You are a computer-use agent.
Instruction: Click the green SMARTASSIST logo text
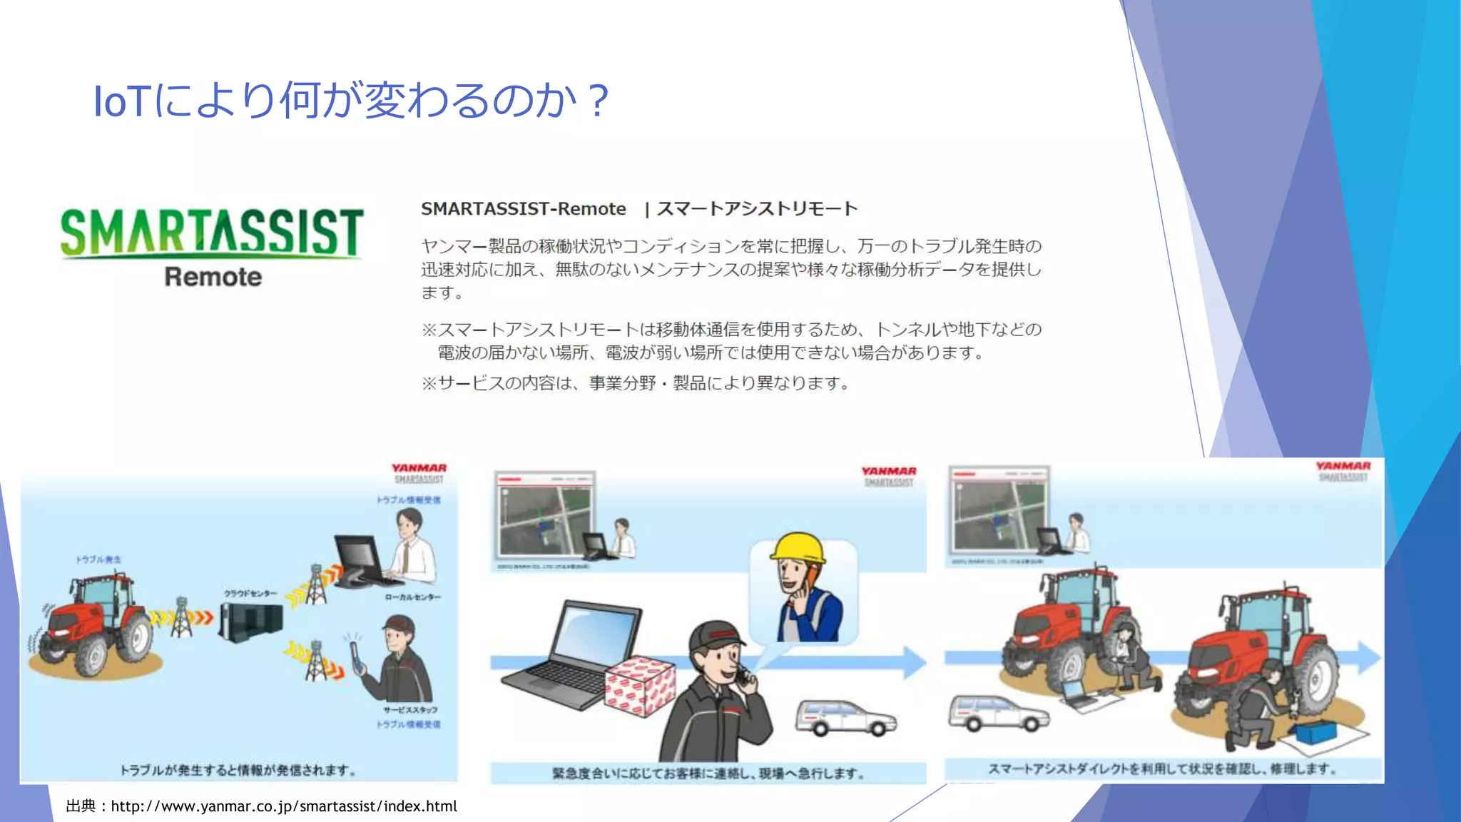click(x=212, y=232)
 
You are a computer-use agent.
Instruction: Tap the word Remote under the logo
click(x=213, y=277)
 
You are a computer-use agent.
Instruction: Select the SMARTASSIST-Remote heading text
click(x=523, y=209)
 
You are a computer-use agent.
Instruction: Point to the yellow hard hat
click(x=798, y=549)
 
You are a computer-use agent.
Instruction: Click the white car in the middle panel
click(x=845, y=716)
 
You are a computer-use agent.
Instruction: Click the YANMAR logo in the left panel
click(x=419, y=468)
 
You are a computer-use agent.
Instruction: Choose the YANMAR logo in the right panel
click(x=1343, y=466)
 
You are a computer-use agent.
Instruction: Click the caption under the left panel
click(x=238, y=770)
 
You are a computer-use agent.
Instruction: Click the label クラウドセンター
click(x=250, y=594)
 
